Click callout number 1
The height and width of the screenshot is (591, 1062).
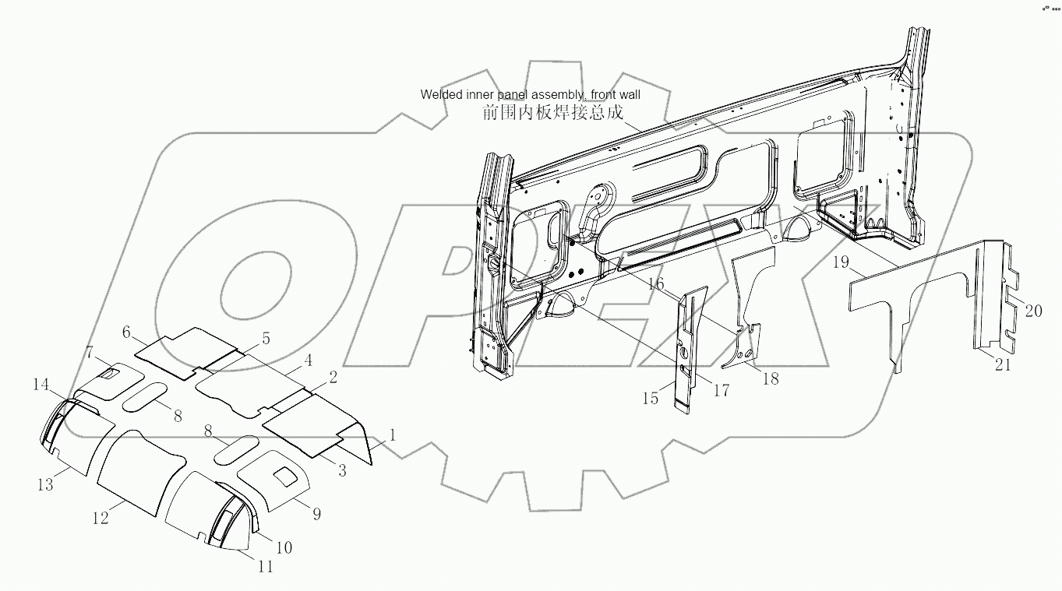[393, 435]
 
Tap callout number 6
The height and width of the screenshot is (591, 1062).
[125, 332]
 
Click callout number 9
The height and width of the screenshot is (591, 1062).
[316, 514]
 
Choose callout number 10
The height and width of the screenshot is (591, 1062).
[284, 548]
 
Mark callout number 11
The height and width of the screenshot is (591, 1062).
[266, 567]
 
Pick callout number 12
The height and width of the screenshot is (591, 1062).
[101, 518]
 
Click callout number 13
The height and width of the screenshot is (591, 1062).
[45, 484]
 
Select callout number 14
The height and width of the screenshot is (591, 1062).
[41, 384]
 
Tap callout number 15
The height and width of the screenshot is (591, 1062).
[651, 398]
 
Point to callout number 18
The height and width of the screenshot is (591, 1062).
[770, 379]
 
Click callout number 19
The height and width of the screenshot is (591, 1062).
[839, 262]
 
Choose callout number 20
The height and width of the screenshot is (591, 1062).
[1032, 311]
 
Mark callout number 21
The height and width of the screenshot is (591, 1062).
[1003, 364]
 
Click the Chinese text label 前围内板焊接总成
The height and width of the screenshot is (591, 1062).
[552, 112]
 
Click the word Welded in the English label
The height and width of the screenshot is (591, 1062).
[441, 94]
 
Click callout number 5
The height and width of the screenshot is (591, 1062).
[266, 339]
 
